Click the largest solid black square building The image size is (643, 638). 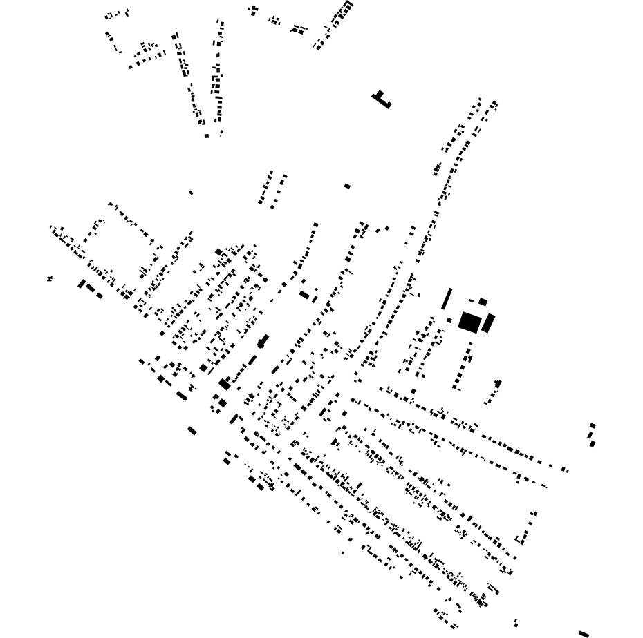469,322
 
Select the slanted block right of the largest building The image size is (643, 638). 488,323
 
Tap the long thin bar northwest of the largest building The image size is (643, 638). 447,298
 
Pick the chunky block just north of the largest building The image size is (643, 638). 483,302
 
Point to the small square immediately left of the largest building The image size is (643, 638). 449,320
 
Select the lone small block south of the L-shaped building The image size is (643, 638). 347,186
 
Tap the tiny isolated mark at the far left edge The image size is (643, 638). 50,278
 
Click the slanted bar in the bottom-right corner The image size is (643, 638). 584,634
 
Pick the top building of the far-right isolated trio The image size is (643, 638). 593,425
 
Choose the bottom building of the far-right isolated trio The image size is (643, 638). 593,444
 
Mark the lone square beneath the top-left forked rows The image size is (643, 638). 206,136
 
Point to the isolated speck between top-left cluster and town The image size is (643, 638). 191,193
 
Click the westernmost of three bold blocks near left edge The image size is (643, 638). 82,283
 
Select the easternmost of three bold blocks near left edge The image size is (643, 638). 100,296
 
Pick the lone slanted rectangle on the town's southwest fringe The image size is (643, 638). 192,431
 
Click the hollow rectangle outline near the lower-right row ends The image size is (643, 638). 493,589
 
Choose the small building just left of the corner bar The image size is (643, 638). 516,623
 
